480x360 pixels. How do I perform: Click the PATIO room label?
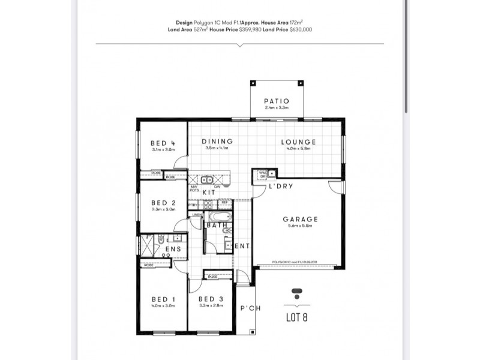coord(277,101)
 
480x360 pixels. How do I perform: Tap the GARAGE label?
coord(300,220)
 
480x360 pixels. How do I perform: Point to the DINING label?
coord(217,142)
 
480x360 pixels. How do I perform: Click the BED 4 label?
coord(163,143)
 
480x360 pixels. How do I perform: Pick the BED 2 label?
coord(163,203)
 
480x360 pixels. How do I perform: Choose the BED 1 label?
coord(163,299)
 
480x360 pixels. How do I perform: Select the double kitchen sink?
coord(206,179)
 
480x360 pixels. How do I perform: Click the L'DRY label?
coord(280,186)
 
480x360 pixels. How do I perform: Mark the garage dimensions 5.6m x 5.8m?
coord(300,227)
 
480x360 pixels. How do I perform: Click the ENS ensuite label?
coord(173,249)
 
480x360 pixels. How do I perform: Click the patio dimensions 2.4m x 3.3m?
coord(277,108)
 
